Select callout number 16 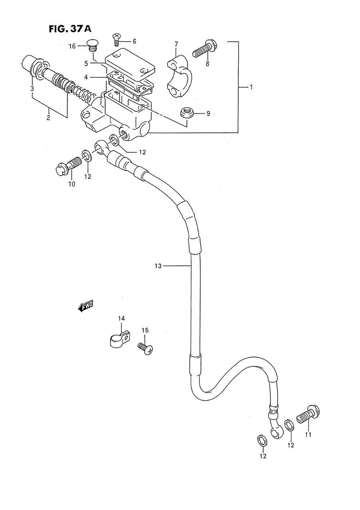point(72,46)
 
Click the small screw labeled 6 point(117,39)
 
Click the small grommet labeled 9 point(187,112)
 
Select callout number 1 point(251,87)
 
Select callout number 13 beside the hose point(158,266)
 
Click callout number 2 point(48,118)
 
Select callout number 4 point(86,77)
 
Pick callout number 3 point(32,88)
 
